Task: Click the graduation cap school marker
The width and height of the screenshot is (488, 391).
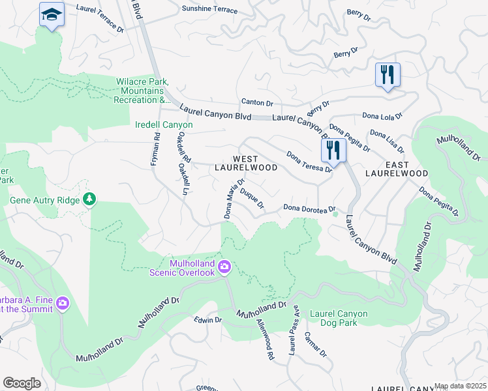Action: (x=52, y=14)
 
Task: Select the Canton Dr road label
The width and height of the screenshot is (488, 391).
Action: (x=257, y=102)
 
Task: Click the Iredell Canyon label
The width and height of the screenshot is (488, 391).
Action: (x=164, y=124)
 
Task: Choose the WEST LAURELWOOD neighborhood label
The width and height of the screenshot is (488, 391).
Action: (x=246, y=163)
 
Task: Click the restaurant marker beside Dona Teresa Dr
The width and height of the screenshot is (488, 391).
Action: (x=333, y=150)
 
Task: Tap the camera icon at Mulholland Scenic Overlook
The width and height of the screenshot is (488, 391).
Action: (x=225, y=266)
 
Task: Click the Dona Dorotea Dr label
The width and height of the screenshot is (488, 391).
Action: (x=309, y=208)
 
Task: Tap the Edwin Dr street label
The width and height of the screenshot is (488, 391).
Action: (x=209, y=320)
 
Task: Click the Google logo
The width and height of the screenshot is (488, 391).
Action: (x=22, y=383)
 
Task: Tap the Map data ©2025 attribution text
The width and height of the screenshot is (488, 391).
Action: (x=460, y=386)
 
